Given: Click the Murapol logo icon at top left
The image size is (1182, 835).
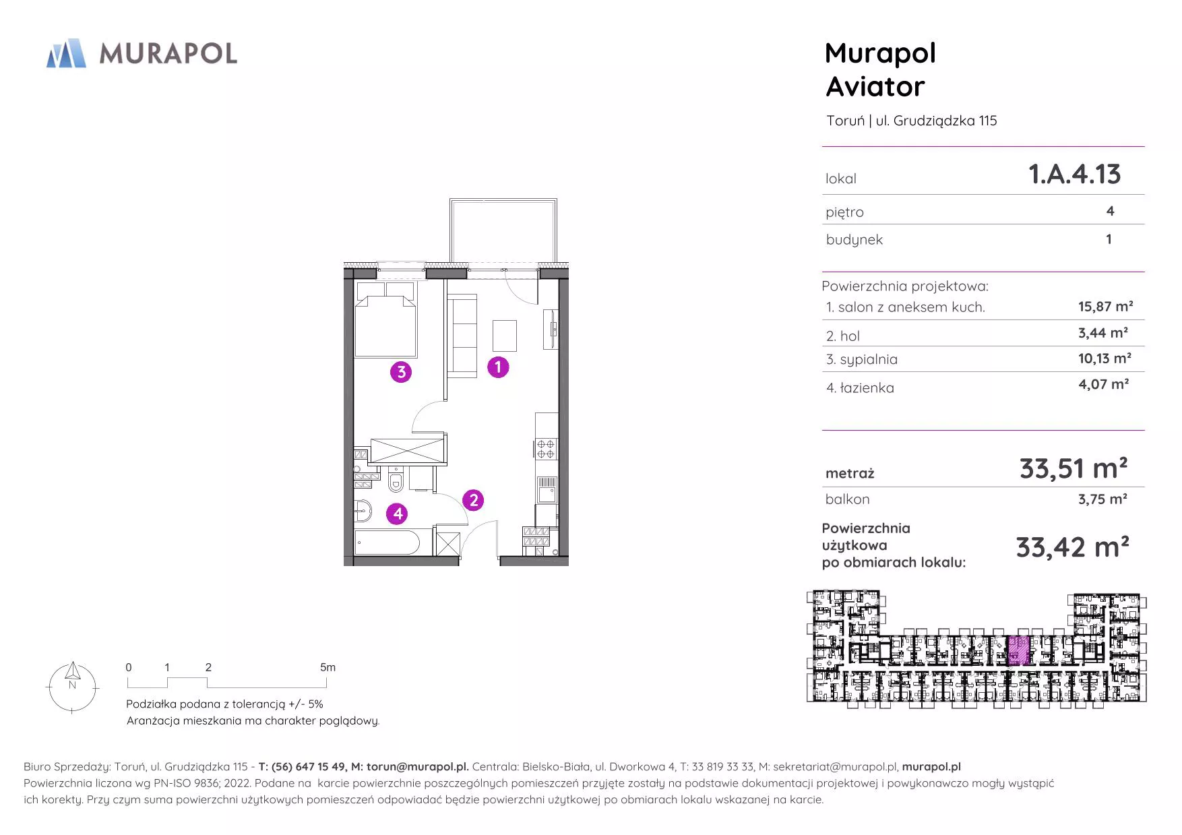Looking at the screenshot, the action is pyautogui.click(x=66, y=53).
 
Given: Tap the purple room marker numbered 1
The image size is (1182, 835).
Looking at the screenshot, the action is pyautogui.click(x=498, y=367).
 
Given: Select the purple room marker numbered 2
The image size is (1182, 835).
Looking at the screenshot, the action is pyautogui.click(x=473, y=500).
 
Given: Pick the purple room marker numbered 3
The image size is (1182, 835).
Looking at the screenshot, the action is pyautogui.click(x=401, y=371).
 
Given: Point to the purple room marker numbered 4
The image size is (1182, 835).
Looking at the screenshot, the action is pyautogui.click(x=398, y=514).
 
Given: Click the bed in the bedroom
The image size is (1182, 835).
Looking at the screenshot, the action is pyautogui.click(x=385, y=319).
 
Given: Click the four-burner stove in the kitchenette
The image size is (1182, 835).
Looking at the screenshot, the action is pyautogui.click(x=546, y=449).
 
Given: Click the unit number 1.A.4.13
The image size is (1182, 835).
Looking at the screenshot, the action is pyautogui.click(x=1074, y=175).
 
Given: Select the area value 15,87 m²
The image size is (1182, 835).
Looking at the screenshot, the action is pyautogui.click(x=1105, y=307).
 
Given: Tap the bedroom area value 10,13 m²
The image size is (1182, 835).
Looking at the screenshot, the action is pyautogui.click(x=1105, y=359).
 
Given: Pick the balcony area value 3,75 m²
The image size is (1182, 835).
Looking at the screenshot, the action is pyautogui.click(x=1102, y=499).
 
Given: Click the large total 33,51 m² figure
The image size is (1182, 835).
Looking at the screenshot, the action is pyautogui.click(x=1074, y=468).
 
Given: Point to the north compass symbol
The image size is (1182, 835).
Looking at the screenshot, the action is pyautogui.click(x=72, y=687).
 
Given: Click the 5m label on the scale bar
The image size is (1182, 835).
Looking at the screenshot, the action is pyautogui.click(x=328, y=667).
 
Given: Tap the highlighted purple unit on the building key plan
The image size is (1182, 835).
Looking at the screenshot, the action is pyautogui.click(x=1018, y=650).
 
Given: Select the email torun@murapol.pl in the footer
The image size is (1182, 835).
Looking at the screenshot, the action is pyautogui.click(x=417, y=767).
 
